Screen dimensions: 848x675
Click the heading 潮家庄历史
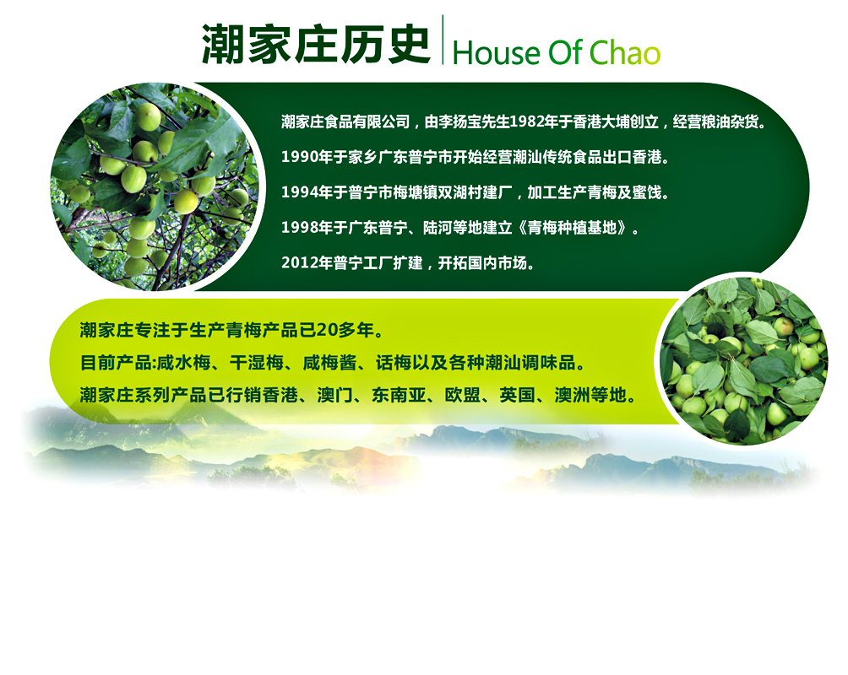[316, 45]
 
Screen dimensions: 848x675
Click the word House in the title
[496, 53]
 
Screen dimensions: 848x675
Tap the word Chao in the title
[625, 52]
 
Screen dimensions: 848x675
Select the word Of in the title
[564, 52]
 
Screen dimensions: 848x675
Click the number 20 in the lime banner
[325, 330]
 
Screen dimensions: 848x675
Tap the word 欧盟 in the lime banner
[463, 395]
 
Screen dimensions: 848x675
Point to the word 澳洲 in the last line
[573, 395]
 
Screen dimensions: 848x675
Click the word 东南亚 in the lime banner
[399, 395]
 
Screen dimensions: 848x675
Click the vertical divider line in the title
[443, 40]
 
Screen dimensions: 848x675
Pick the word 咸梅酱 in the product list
[329, 363]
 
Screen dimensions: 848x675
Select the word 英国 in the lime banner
[518, 395]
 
